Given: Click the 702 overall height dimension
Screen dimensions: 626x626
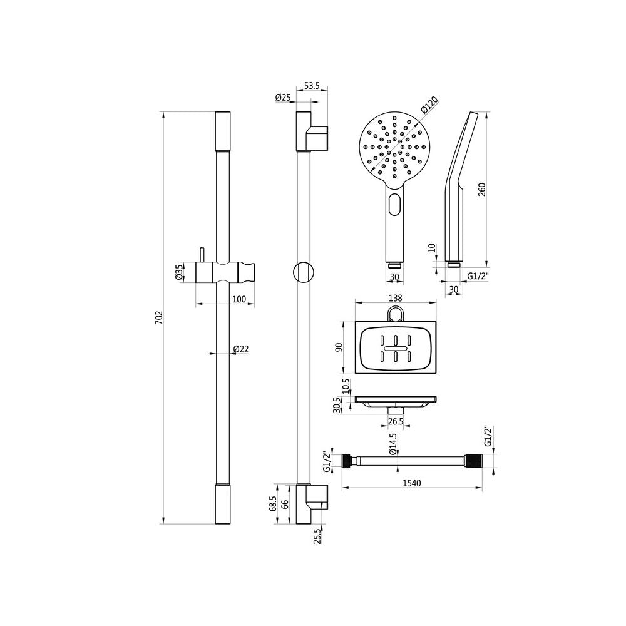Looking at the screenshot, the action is point(159,317).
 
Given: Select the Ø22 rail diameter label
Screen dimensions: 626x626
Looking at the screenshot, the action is point(241,349).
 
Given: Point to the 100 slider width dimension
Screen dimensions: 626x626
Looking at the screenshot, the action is point(239,299).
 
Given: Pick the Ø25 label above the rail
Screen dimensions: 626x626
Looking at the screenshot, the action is point(283,97).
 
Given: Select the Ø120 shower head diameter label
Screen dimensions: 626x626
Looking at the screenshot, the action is point(429,105).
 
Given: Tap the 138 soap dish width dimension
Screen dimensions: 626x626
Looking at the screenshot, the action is point(395,298).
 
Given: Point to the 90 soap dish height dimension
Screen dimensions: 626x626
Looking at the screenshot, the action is point(339,347).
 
